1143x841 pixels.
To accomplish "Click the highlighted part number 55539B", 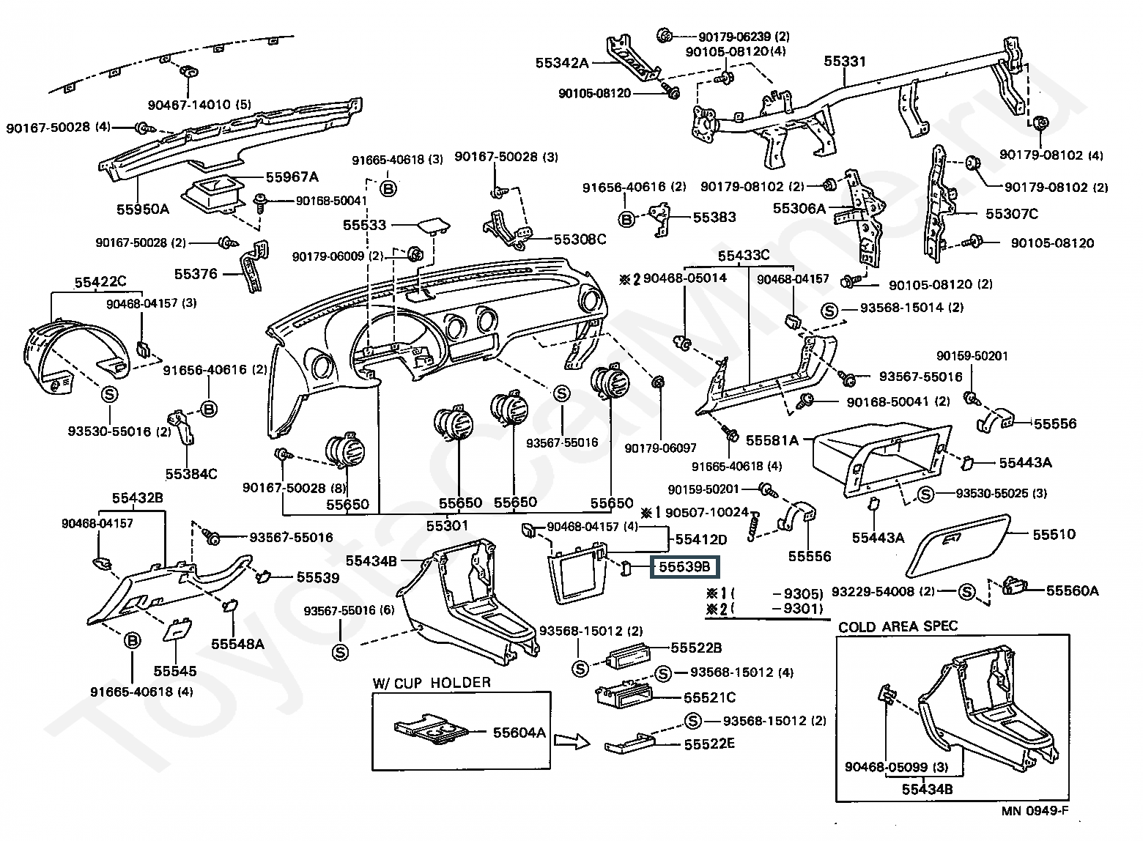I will (684, 567).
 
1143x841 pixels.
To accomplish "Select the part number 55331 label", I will (845, 62).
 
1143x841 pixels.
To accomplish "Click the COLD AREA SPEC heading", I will (898, 627).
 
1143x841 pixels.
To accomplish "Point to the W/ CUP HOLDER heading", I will (432, 683).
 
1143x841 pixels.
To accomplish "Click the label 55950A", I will (143, 209).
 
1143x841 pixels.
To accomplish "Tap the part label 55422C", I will (100, 282).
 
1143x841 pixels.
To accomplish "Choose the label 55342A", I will (562, 63).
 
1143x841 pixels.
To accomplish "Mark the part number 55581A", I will (772, 440).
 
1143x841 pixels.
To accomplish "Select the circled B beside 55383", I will (627, 218).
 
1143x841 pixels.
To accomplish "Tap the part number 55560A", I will (1072, 590).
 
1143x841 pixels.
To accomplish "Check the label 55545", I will (175, 670).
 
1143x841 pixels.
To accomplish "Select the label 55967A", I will (292, 177).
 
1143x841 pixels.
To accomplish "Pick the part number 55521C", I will (709, 698).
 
